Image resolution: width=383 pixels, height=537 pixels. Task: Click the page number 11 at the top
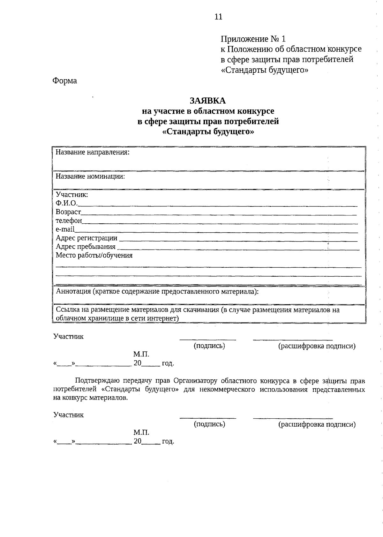tap(218, 17)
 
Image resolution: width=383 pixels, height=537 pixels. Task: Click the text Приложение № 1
tap(253, 39)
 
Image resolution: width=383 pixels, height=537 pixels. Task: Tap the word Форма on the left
tap(65, 81)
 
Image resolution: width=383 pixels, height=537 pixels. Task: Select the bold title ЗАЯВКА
tap(208, 101)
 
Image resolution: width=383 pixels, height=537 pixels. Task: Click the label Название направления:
tap(93, 152)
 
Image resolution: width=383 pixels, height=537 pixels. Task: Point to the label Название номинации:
tap(90, 176)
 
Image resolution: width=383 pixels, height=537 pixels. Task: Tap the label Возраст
tap(68, 212)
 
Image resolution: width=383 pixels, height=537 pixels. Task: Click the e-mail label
tap(65, 229)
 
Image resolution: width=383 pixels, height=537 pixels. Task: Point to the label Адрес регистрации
tap(86, 238)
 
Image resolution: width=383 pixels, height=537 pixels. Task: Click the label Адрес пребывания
tap(86, 247)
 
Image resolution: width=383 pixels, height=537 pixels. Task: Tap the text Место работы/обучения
tap(94, 255)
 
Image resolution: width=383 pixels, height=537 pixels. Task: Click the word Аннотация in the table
tap(73, 291)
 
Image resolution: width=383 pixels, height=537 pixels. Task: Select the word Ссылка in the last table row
tap(66, 310)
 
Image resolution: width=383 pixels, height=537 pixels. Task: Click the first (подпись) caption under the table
tap(209, 346)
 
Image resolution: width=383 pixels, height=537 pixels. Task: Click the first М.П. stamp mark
tap(141, 354)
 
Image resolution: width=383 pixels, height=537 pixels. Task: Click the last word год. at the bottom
tap(168, 442)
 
